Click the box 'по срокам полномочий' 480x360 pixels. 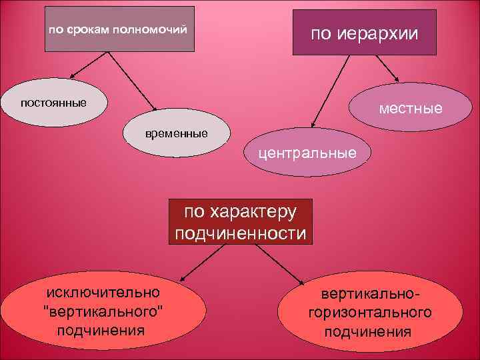point(120,29)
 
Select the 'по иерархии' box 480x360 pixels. point(364,33)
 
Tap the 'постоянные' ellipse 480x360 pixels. point(53,103)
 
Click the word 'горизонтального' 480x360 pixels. point(369,312)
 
